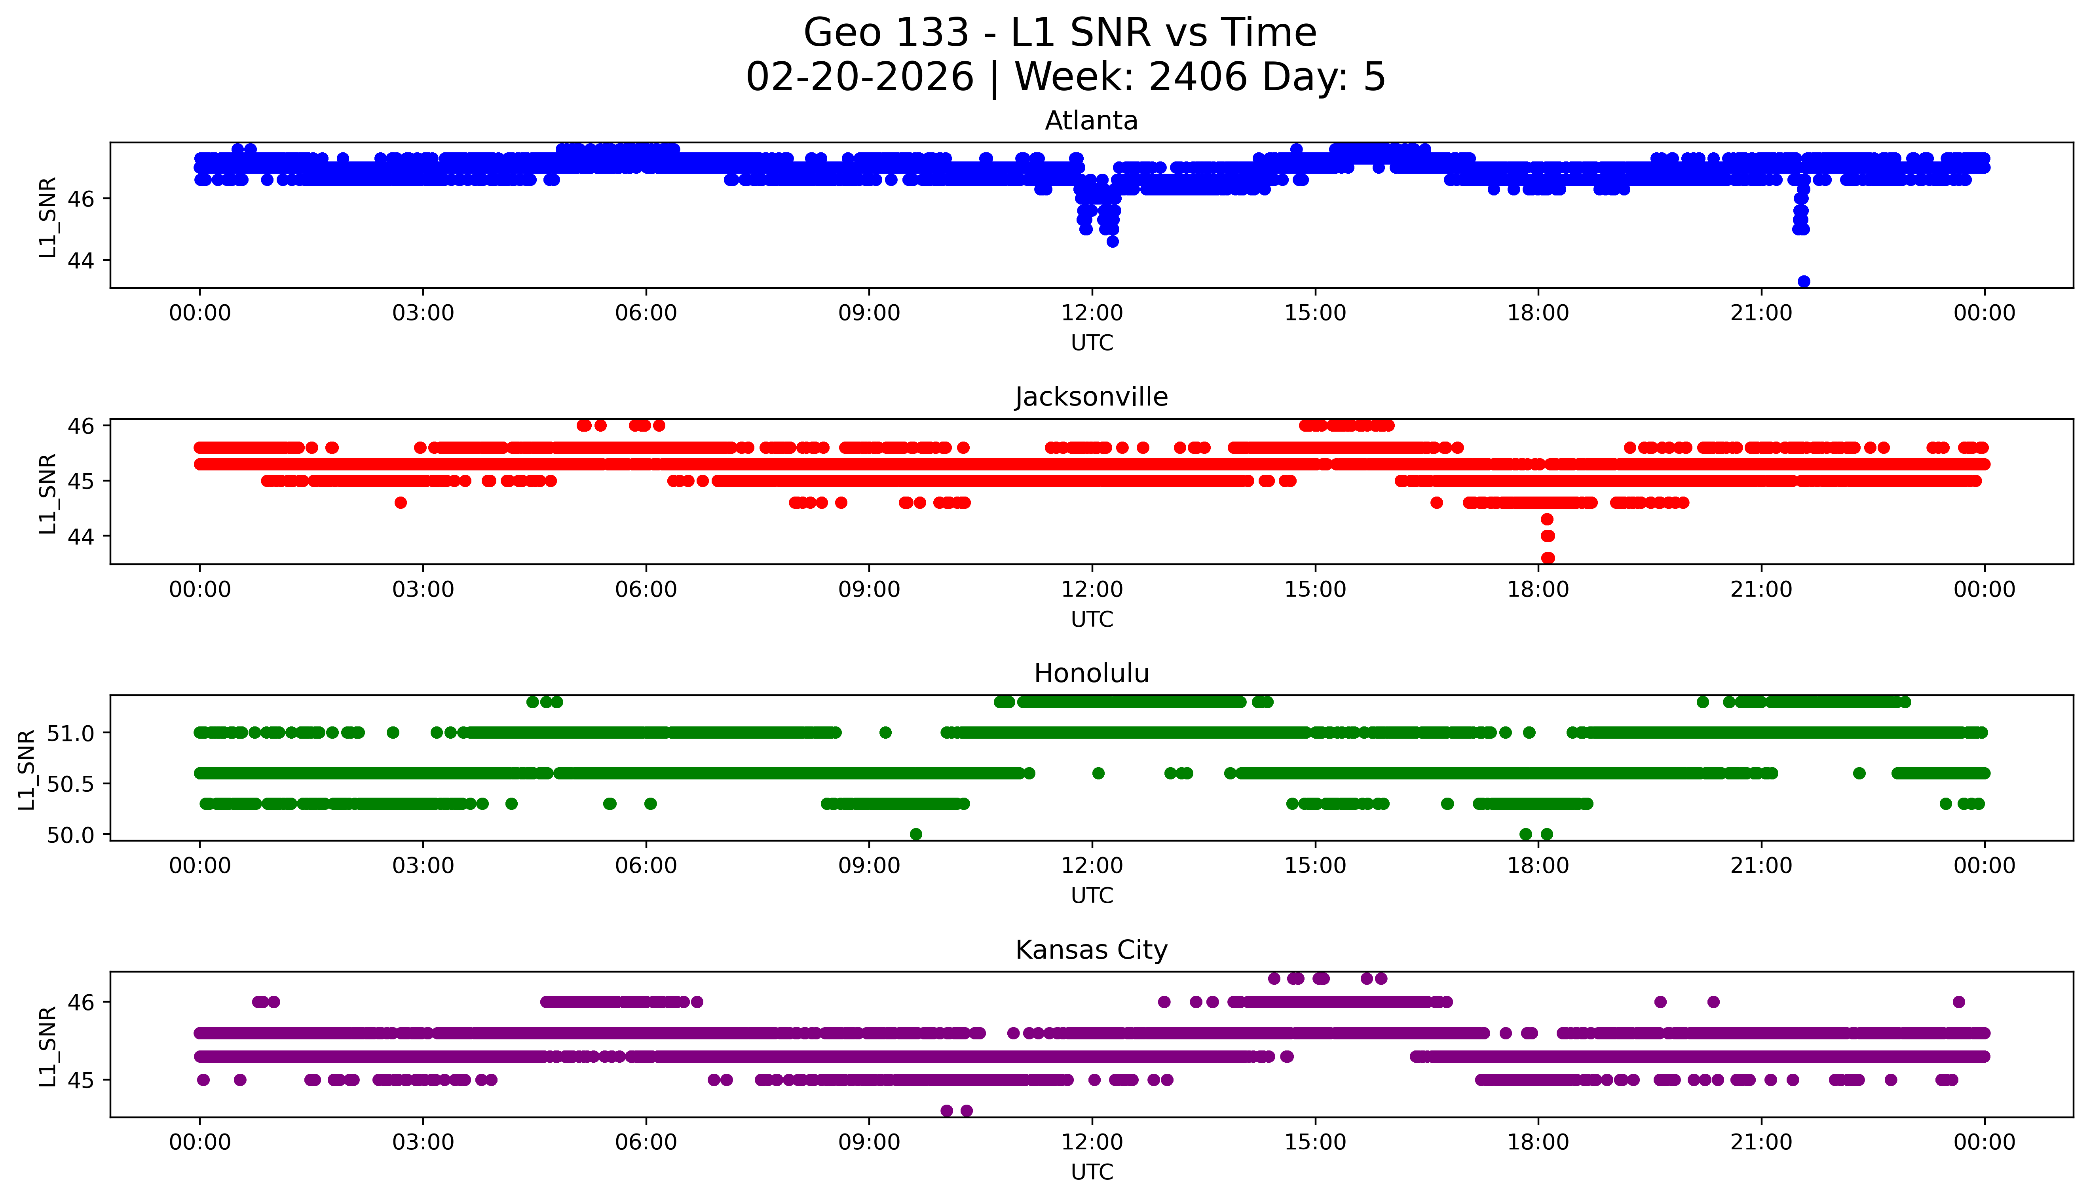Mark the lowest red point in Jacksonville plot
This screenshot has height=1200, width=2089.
click(x=1548, y=558)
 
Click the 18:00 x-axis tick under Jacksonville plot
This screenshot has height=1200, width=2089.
click(x=1538, y=589)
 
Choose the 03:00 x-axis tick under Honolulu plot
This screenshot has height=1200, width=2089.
click(x=423, y=865)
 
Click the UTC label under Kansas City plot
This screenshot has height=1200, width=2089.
click(x=1092, y=1171)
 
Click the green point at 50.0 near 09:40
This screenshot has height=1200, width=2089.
click(x=915, y=834)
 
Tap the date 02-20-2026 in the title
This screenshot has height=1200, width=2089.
click(x=860, y=78)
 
